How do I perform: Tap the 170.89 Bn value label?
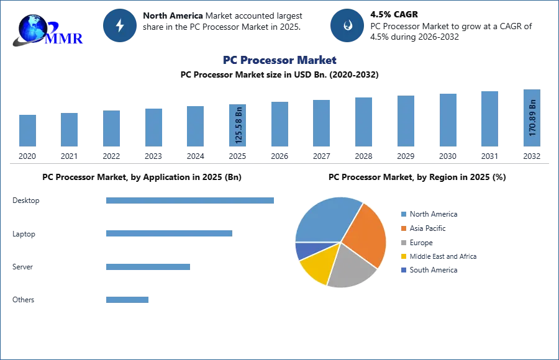click(532, 121)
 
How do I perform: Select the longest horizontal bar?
click(191, 199)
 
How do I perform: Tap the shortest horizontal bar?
click(127, 299)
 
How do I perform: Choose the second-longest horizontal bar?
click(168, 233)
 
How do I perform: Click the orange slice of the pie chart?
click(366, 233)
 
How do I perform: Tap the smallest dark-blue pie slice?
click(304, 250)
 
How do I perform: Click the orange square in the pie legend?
click(402, 228)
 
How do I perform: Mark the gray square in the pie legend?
click(402, 243)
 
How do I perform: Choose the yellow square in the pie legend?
click(402, 256)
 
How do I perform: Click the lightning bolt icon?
click(120, 25)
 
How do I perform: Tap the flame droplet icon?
click(348, 25)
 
